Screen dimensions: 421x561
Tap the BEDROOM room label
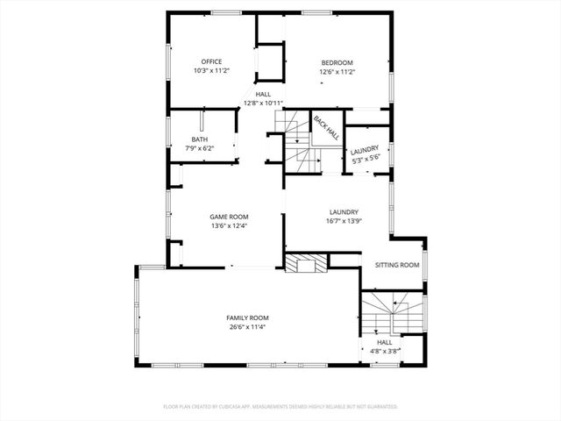click(337, 62)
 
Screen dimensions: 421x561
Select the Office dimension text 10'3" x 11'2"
click(210, 70)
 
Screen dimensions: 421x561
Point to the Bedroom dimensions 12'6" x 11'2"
click(337, 71)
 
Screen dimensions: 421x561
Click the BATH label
click(199, 140)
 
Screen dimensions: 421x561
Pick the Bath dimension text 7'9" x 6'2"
click(199, 149)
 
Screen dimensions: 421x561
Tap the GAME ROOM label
click(229, 217)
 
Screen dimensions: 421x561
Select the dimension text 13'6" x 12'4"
click(229, 225)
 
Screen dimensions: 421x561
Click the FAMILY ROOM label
click(247, 318)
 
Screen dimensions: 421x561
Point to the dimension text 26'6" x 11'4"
click(247, 327)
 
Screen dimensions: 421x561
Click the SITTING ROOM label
click(397, 265)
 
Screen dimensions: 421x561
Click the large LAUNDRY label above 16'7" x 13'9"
click(344, 211)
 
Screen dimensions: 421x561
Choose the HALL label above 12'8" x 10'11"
click(263, 94)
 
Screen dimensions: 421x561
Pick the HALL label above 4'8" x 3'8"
click(384, 342)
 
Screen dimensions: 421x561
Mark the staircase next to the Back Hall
click(295, 140)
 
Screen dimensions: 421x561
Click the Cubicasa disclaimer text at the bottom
click(280, 406)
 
